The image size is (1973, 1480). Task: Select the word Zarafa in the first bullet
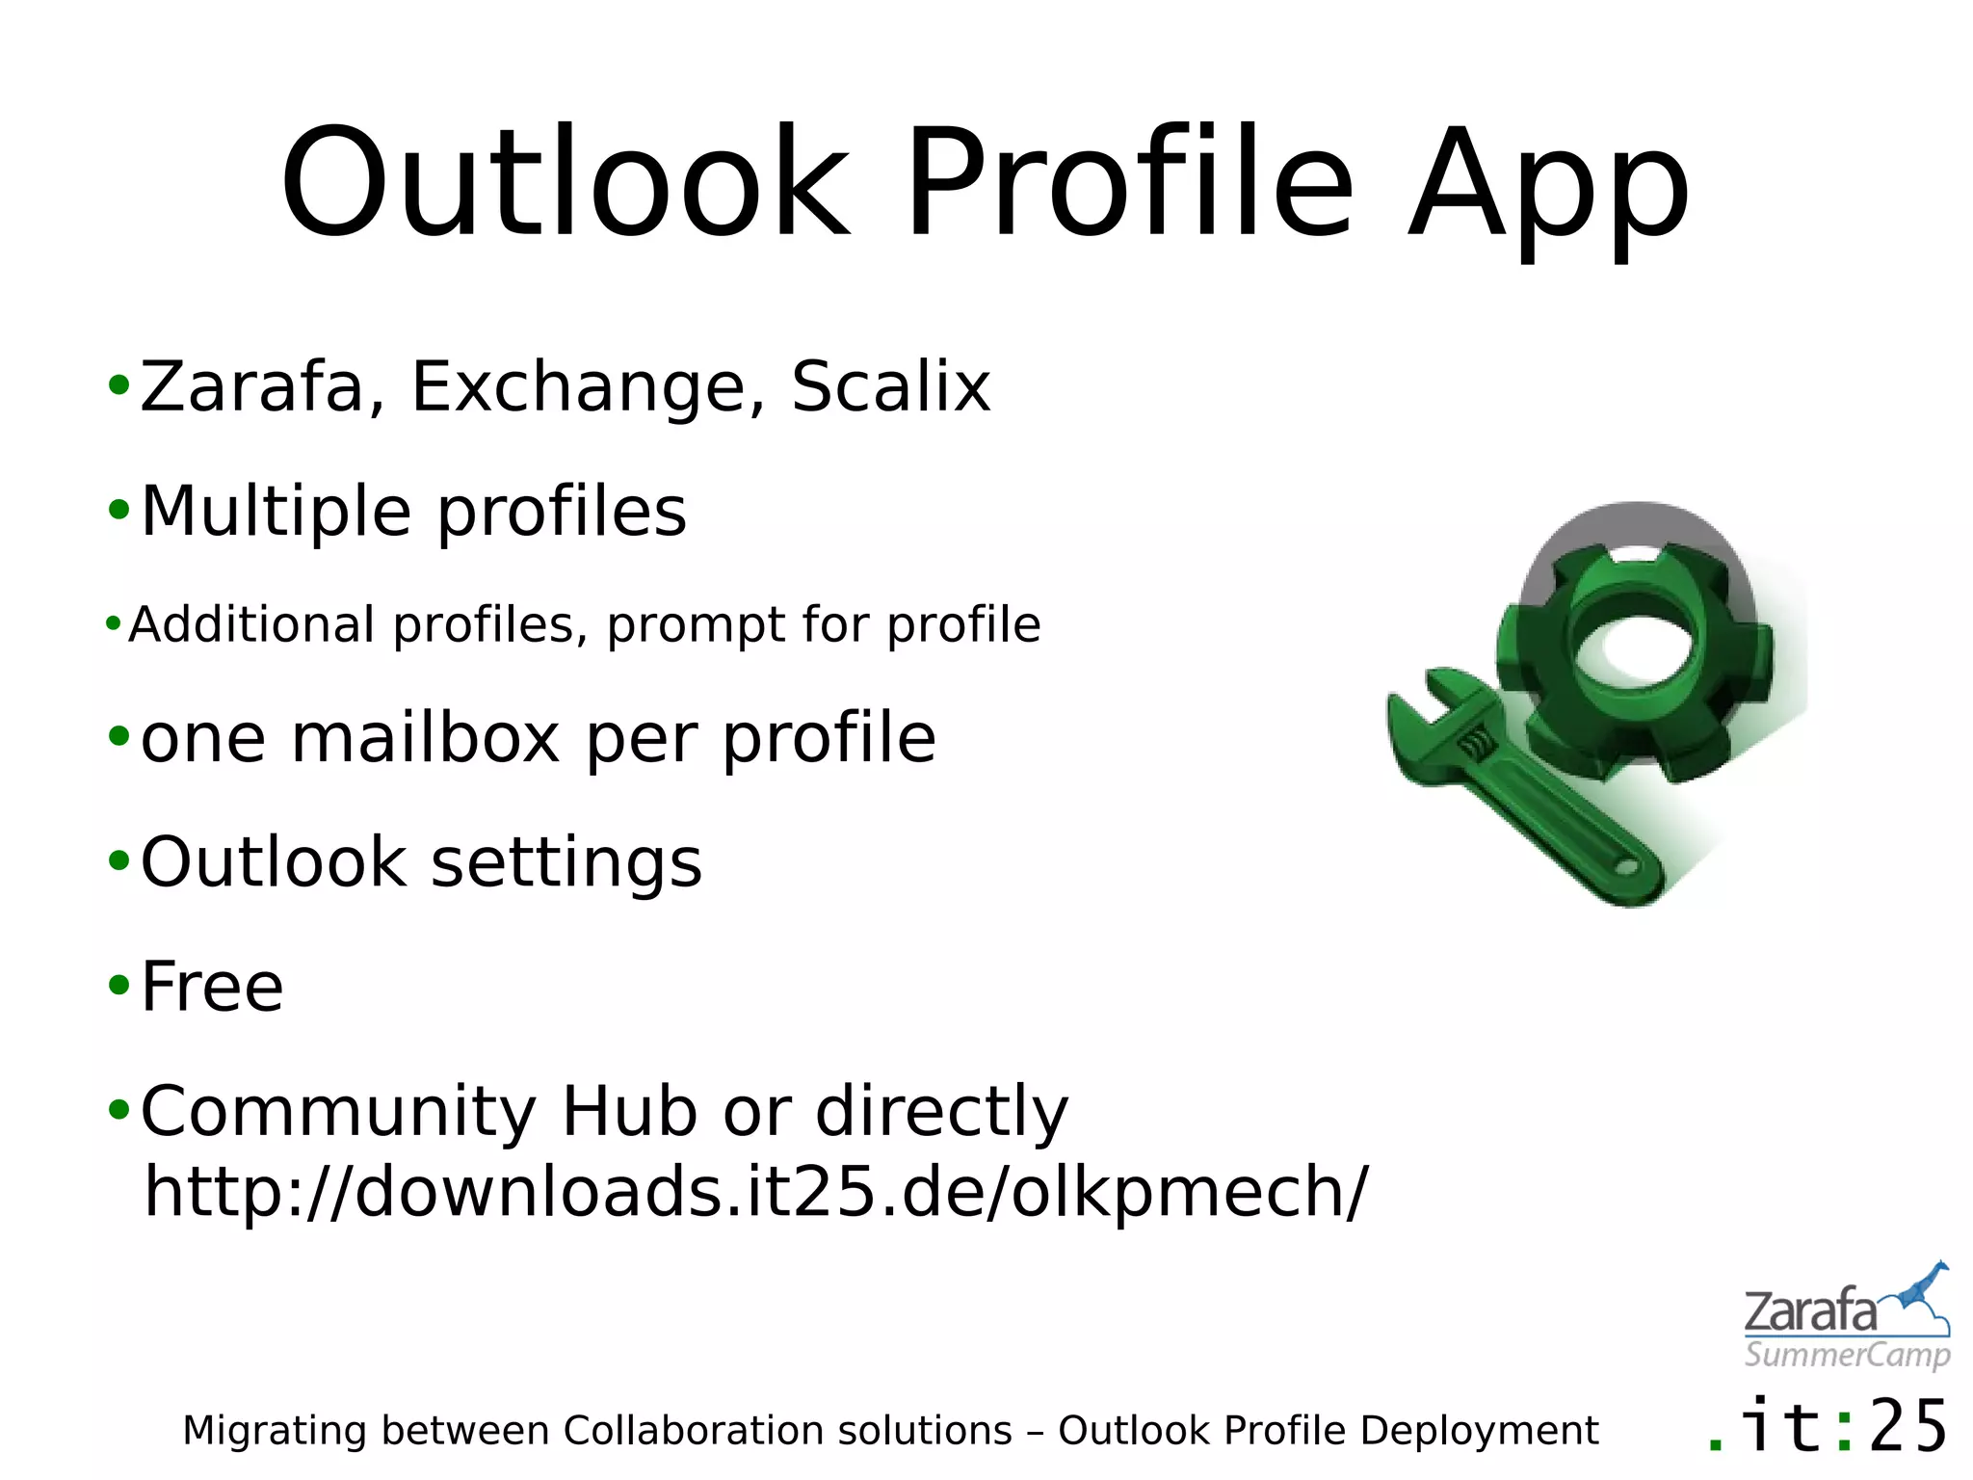(x=253, y=387)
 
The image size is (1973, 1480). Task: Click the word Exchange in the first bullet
(x=578, y=387)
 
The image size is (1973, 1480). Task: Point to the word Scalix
(x=890, y=387)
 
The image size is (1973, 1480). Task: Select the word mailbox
(x=425, y=739)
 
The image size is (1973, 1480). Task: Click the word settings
(x=566, y=863)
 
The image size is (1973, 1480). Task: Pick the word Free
(x=212, y=988)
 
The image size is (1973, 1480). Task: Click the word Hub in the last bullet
(x=629, y=1112)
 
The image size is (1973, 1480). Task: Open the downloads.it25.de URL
(x=755, y=1193)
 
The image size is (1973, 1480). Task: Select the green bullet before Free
(x=118, y=986)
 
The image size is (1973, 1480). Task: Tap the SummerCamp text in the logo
(x=1846, y=1355)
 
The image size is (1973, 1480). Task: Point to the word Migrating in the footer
(x=275, y=1432)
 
